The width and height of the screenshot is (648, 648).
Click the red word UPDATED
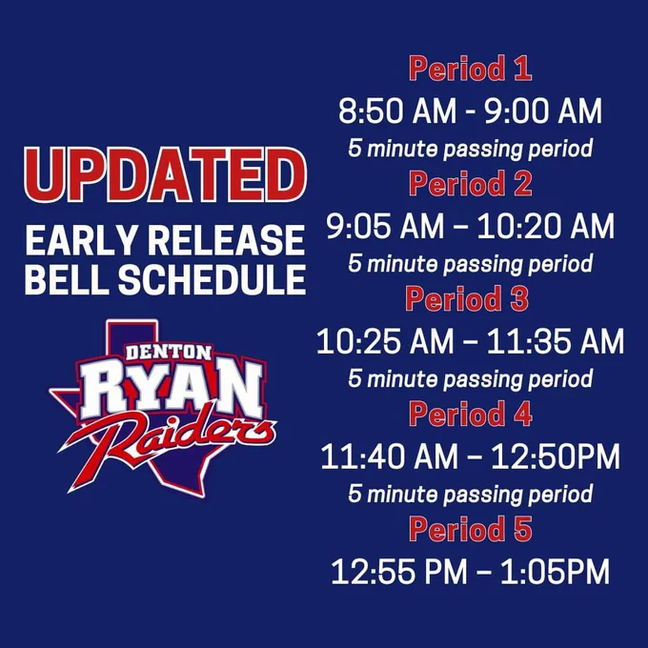click(165, 174)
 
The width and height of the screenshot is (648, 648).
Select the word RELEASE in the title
click(227, 240)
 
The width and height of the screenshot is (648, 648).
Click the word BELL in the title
click(67, 279)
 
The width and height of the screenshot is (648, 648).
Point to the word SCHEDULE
click(212, 279)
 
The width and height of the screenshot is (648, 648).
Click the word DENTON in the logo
click(169, 352)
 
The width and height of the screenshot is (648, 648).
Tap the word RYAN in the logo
click(172, 389)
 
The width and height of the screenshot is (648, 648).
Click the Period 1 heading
click(471, 69)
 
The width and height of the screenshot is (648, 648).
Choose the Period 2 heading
click(471, 184)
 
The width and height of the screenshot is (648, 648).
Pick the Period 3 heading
click(467, 298)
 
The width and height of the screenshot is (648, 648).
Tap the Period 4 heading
click(471, 414)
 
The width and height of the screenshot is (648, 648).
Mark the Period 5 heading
click(471, 529)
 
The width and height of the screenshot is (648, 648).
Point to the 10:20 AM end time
click(546, 226)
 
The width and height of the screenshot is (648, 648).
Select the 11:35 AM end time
click(556, 341)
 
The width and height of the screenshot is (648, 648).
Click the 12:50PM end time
click(556, 456)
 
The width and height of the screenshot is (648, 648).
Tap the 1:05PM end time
click(555, 572)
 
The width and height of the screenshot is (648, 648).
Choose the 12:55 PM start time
click(399, 572)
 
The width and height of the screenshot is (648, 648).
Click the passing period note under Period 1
click(471, 149)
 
